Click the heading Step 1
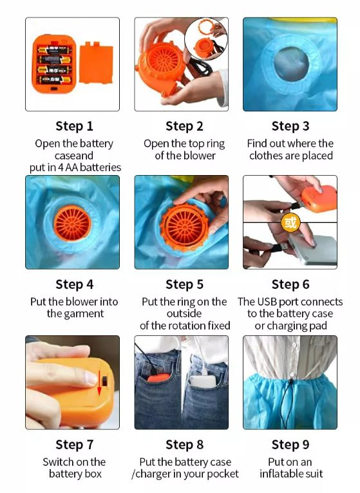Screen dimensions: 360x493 [x=74, y=126]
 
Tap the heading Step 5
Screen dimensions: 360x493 [x=184, y=284]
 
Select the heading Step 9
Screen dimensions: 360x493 [x=290, y=445]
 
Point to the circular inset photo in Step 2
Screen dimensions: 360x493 [x=206, y=39]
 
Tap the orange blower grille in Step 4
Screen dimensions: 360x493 [x=72, y=223]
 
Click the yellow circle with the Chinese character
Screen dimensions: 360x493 [x=290, y=223]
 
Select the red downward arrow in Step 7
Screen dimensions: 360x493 [x=99, y=383]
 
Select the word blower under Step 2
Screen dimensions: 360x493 [x=200, y=155]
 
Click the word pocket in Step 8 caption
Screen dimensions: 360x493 [x=222, y=474]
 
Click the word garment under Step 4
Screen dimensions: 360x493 [x=84, y=314]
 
